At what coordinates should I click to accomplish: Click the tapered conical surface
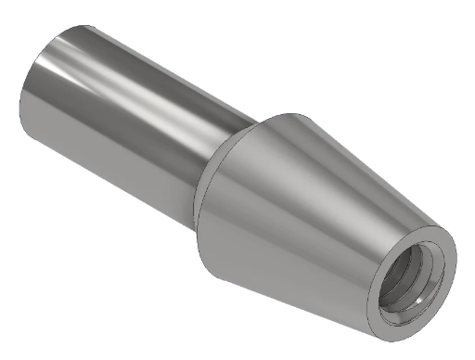pos(306,213)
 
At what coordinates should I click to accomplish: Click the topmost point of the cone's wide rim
pos(295,114)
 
